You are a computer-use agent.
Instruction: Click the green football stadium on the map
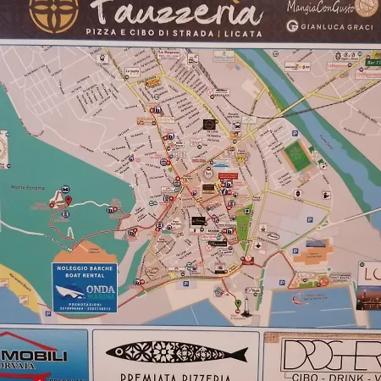296,155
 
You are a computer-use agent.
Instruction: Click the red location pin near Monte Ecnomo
68,201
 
